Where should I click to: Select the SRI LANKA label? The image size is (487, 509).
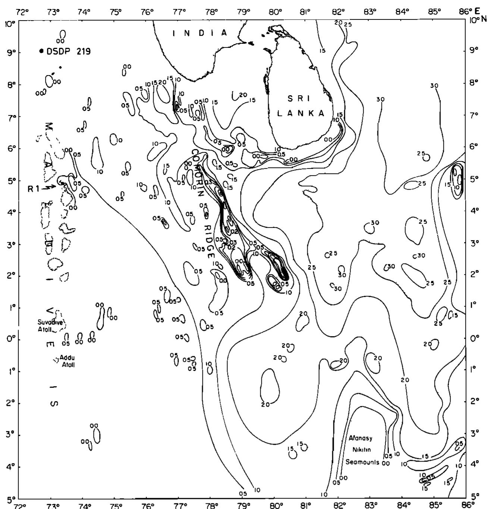pyautogui.click(x=301, y=106)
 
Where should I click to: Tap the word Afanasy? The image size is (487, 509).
pyautogui.click(x=361, y=438)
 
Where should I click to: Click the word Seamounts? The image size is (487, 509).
pyautogui.click(x=362, y=462)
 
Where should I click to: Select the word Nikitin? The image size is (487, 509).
pyautogui.click(x=361, y=450)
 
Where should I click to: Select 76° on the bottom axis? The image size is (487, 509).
pyautogui.click(x=148, y=506)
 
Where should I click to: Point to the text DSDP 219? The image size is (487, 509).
pyautogui.click(x=68, y=52)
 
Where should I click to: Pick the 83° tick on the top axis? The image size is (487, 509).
pyautogui.click(x=370, y=12)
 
